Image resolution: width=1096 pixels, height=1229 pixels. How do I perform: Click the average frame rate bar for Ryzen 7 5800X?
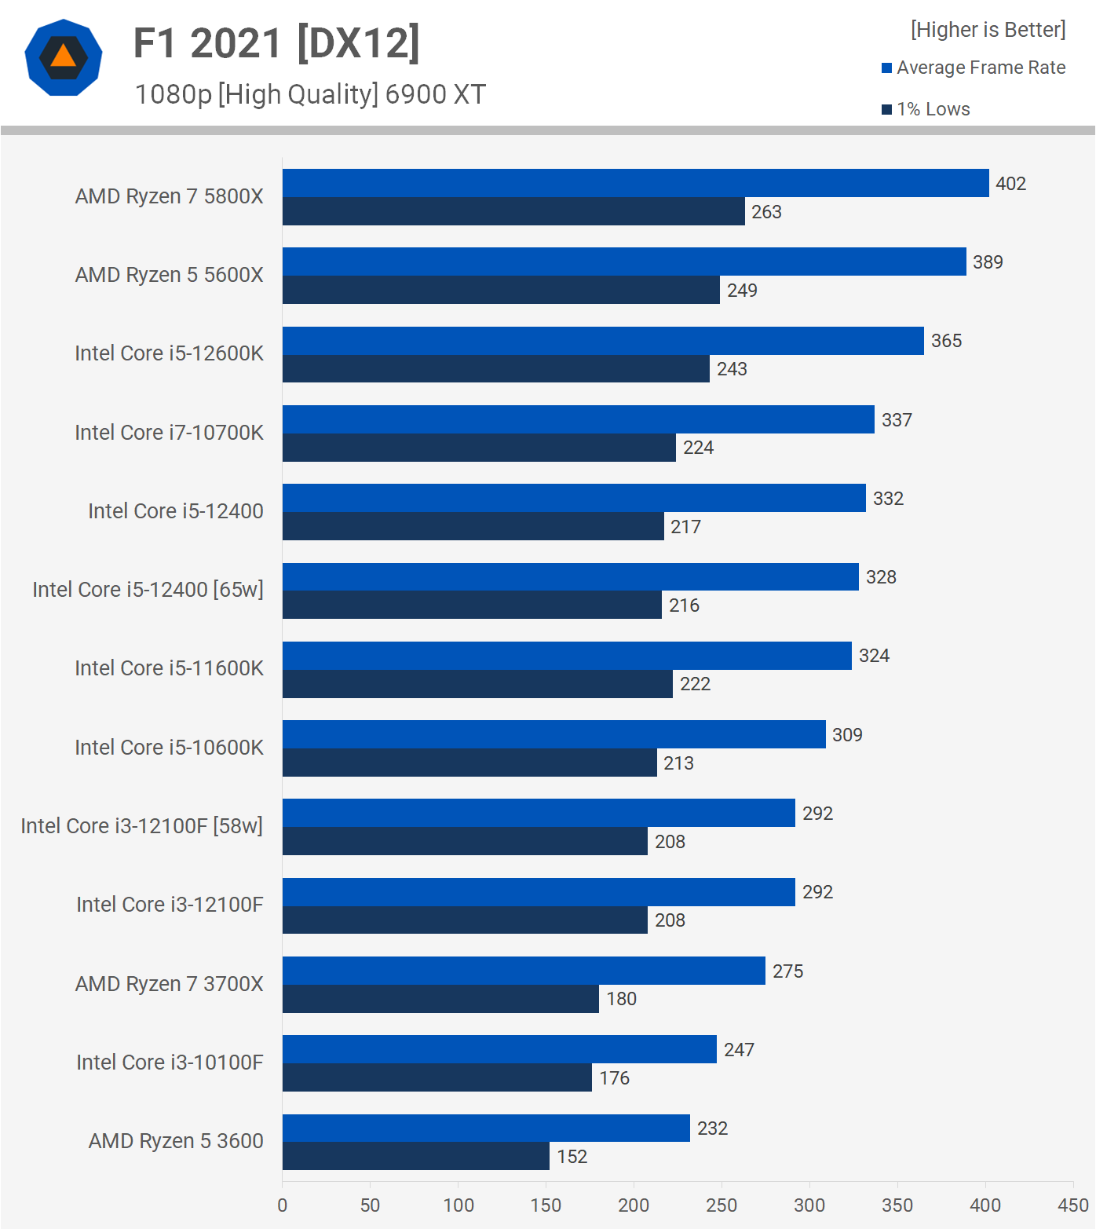click(x=635, y=183)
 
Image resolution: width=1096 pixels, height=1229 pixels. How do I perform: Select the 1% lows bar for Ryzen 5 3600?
click(x=416, y=1156)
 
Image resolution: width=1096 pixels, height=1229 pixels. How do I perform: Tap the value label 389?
click(x=988, y=262)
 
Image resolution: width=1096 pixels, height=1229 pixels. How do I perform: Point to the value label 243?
click(x=732, y=369)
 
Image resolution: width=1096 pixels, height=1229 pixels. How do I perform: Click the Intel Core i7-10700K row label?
click(x=169, y=433)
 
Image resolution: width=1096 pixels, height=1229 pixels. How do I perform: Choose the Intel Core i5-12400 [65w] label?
click(x=148, y=590)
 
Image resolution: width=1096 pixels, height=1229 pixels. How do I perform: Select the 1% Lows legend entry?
click(x=926, y=109)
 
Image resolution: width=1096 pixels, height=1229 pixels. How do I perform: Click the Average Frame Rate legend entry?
click(x=974, y=68)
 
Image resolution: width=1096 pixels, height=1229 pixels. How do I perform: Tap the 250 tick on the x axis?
click(x=721, y=1205)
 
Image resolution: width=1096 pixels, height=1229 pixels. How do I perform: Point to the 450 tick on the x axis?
click(x=1072, y=1205)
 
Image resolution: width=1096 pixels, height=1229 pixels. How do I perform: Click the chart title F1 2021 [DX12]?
click(x=276, y=43)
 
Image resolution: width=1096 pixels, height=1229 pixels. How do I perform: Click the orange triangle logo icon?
click(x=64, y=57)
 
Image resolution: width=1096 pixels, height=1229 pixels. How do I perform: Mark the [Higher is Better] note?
click(x=988, y=30)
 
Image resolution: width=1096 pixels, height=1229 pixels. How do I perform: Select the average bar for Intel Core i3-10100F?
click(x=499, y=1049)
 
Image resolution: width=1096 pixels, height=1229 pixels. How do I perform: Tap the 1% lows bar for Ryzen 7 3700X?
click(x=440, y=999)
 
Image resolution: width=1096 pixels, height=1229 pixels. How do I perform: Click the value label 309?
click(x=847, y=735)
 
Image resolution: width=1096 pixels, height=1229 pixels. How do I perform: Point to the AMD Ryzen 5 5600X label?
click(x=169, y=275)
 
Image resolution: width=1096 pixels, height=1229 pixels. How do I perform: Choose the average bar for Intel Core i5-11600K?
click(x=567, y=656)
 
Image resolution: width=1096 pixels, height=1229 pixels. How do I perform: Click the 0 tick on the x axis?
click(x=283, y=1205)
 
